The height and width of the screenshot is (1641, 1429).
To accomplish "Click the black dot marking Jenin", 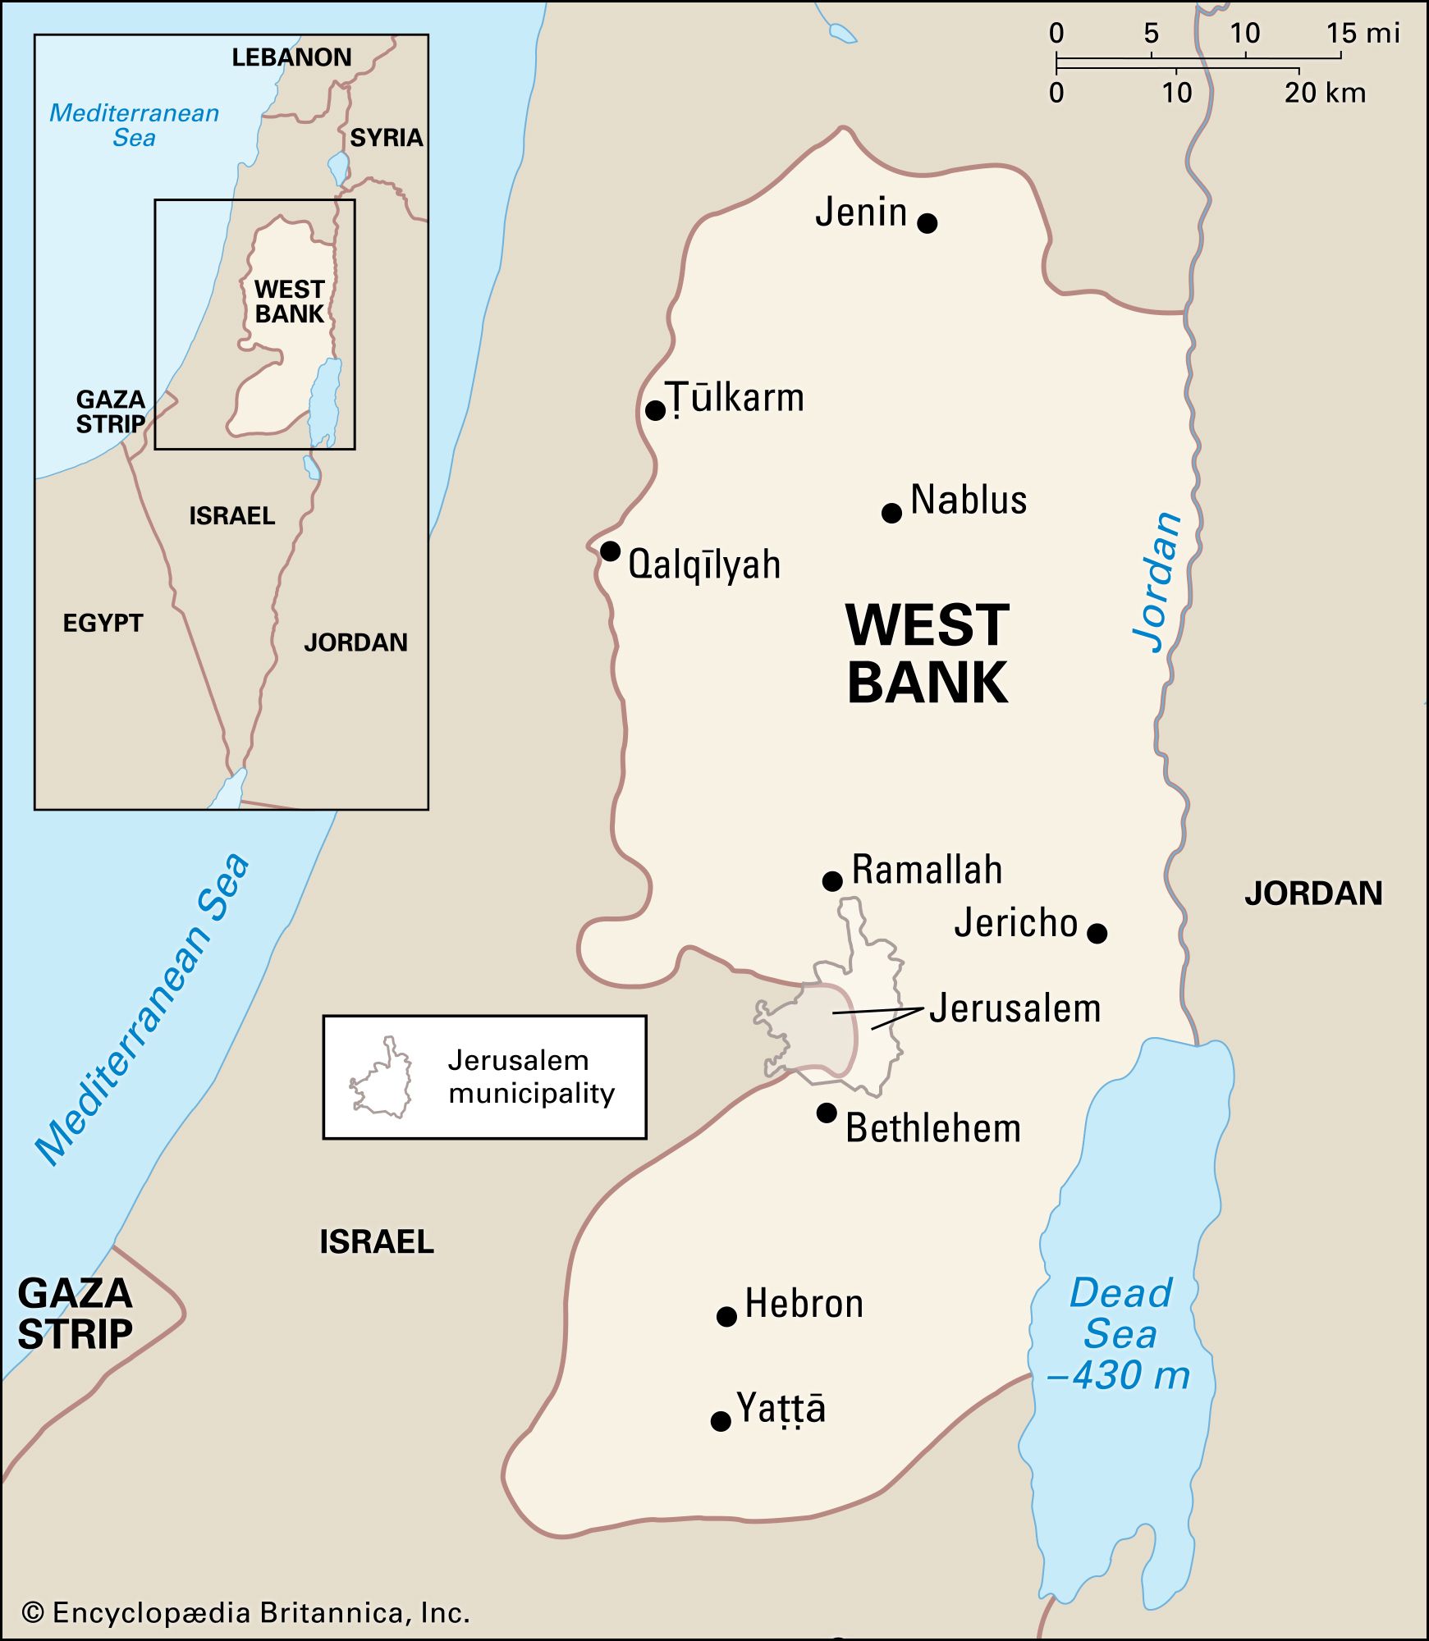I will pos(927,222).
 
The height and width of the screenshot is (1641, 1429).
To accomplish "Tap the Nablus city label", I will pos(969,500).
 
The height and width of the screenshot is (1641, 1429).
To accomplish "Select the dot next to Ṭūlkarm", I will pos(655,410).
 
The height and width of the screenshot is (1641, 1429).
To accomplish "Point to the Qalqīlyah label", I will pos(703,565).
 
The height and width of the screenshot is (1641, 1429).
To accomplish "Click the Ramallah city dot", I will pos(832,881).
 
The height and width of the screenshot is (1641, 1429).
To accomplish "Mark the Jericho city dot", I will pos(1097,933).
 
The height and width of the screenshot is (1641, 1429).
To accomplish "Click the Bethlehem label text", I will pos(933,1128).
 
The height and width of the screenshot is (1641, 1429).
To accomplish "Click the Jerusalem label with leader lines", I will pos(1014,1008).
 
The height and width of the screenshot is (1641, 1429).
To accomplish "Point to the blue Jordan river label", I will pos(1158,582).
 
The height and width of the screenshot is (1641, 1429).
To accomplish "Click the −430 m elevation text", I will pos(1119,1376).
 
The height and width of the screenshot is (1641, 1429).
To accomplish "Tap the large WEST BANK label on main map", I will pos(927,654).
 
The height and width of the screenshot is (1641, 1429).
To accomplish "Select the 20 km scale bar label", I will pos(1325,93).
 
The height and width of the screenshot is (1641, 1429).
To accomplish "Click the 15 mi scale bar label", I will pos(1363,34).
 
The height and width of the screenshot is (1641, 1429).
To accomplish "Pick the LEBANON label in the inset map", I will pos(291,57).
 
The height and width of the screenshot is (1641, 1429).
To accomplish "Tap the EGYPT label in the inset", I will pos(103,623).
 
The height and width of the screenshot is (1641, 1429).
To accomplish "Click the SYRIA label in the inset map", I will pos(386,138).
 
